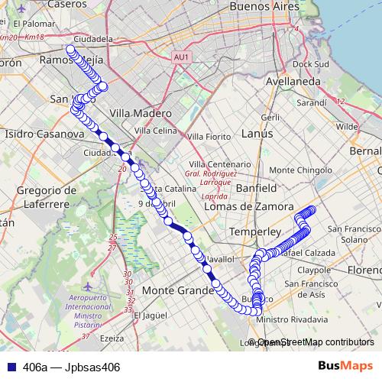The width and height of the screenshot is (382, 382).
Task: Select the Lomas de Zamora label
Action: (x=249, y=206)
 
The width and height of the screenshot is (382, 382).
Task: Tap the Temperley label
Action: (x=256, y=229)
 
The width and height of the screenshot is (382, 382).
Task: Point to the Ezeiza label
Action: (x=112, y=338)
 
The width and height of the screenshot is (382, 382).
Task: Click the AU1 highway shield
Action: (x=180, y=57)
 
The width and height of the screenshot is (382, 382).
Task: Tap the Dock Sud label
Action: (x=309, y=64)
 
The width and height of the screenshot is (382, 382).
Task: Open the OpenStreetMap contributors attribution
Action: (x=316, y=342)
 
